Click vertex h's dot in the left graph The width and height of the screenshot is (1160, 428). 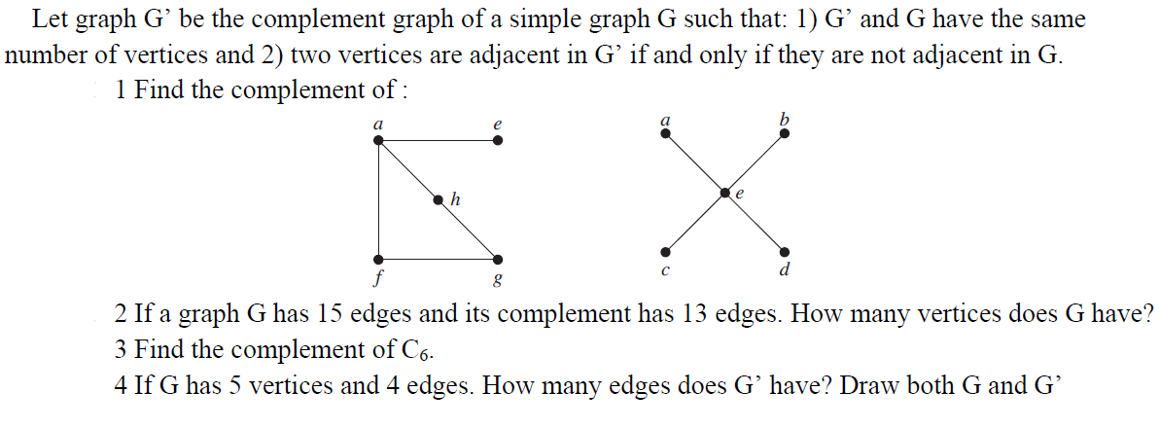439,200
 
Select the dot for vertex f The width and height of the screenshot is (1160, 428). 379,260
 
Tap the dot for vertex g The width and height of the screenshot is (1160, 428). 498,260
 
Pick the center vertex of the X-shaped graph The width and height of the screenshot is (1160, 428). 725,193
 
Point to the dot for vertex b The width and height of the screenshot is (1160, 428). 785,133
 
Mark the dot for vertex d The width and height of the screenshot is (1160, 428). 785,252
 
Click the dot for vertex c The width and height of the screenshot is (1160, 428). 665,252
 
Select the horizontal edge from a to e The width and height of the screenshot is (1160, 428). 439,141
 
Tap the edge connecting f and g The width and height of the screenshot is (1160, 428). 439,260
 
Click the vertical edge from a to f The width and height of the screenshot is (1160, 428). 379,200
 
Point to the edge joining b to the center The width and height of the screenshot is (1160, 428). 756,162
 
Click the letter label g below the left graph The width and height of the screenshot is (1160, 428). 498,281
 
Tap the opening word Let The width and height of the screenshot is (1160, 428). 49,18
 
